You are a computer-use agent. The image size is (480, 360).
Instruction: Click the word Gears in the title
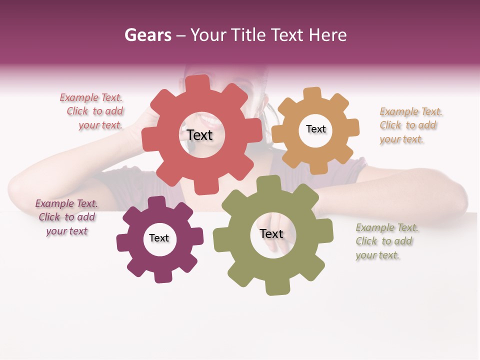click(x=148, y=35)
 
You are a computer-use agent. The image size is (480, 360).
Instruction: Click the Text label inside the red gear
click(x=199, y=135)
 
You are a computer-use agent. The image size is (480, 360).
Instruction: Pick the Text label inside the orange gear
click(x=315, y=129)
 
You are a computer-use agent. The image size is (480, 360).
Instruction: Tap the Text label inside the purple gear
click(x=159, y=238)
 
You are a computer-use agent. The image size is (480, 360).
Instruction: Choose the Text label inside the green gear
click(x=271, y=233)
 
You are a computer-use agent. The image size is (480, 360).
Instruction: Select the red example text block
click(x=92, y=111)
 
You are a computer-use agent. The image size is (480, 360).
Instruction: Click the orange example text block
click(x=410, y=125)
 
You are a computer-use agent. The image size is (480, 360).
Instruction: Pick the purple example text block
click(x=66, y=217)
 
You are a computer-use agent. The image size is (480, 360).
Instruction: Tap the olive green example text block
click(x=386, y=241)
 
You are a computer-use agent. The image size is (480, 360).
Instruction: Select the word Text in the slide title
click(x=286, y=35)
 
